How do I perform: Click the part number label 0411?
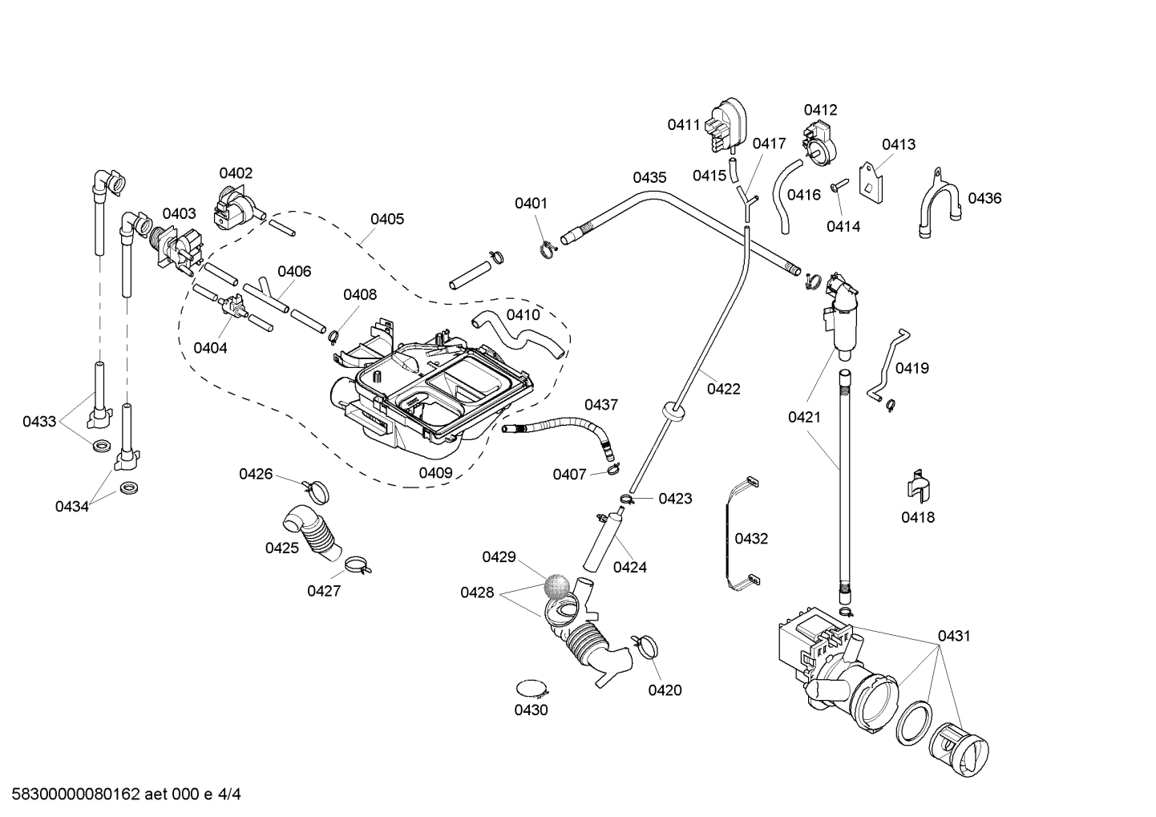(684, 124)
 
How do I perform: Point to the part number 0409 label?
(435, 473)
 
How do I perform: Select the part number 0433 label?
(39, 421)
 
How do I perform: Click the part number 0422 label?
(723, 389)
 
